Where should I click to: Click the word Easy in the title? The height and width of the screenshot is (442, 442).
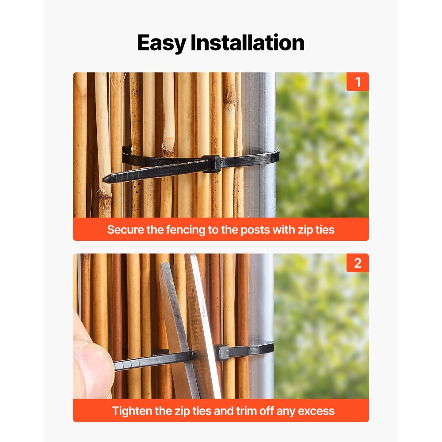point(162,43)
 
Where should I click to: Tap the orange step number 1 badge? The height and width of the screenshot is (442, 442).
point(358,82)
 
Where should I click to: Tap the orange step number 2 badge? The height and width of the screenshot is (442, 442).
point(358,263)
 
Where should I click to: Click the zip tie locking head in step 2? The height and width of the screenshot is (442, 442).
point(222,353)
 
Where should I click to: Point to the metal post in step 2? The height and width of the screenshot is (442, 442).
point(261,301)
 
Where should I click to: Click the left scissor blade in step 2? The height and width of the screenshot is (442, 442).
point(175,318)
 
